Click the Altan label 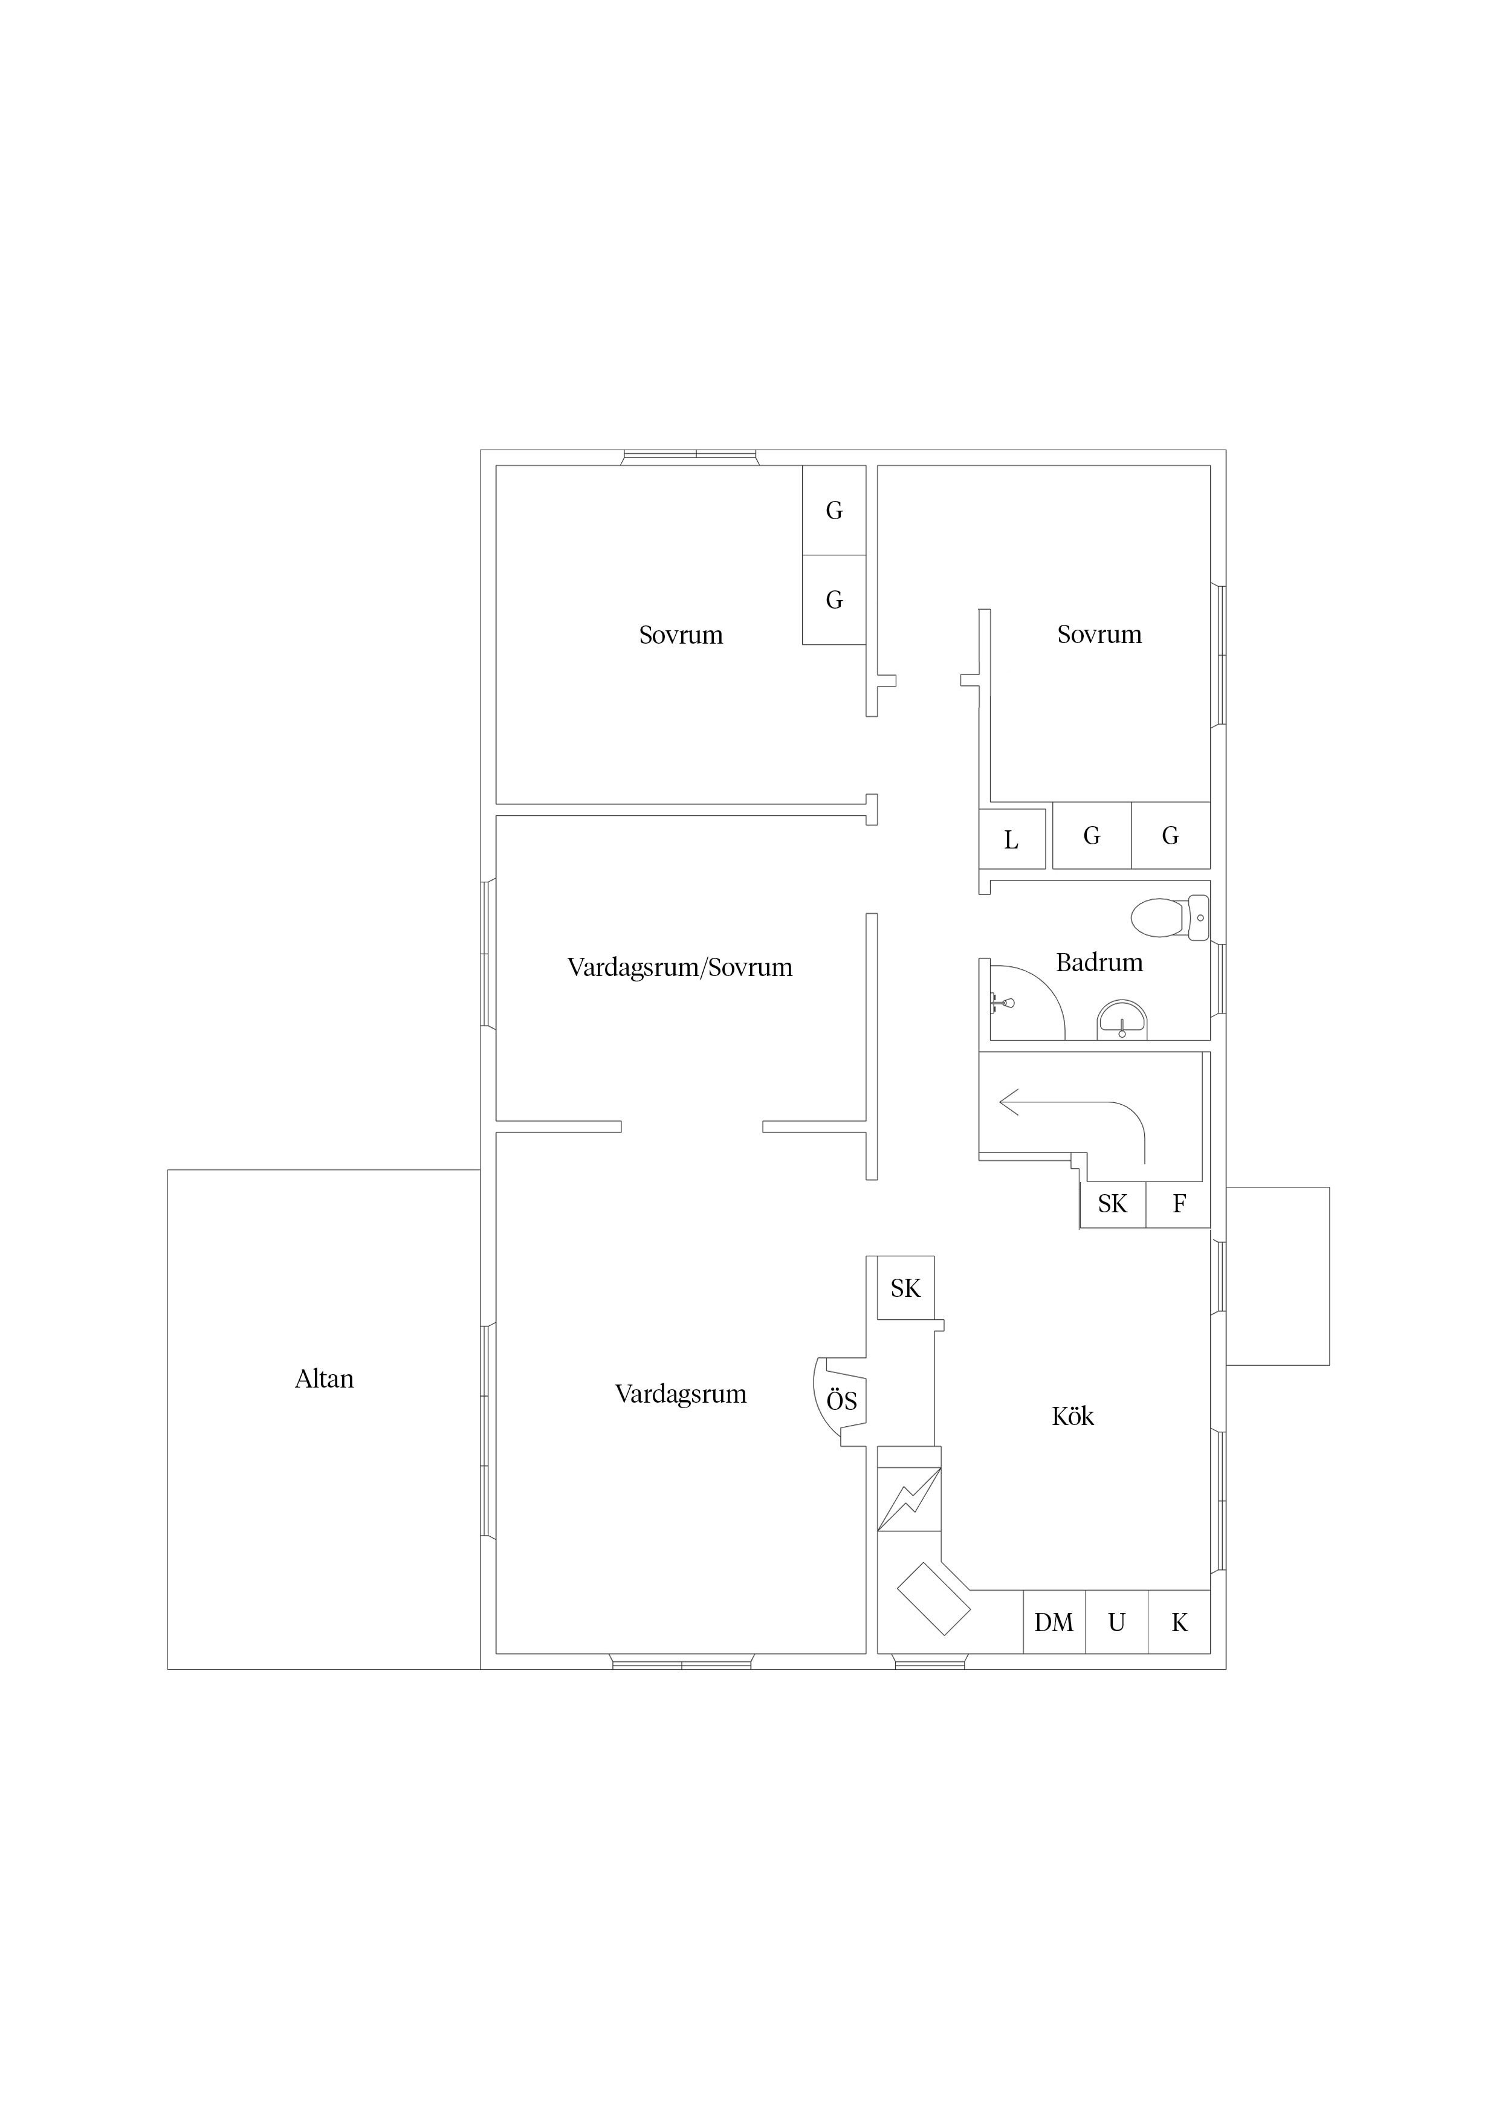(324, 1380)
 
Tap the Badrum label (1099, 963)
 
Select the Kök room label (1072, 1417)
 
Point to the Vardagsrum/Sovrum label (680, 968)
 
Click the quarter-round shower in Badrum (1027, 1003)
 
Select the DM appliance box (1054, 1621)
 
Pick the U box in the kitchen (1116, 1621)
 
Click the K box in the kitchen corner (1179, 1621)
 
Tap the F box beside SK (1179, 1204)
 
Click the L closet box (1012, 839)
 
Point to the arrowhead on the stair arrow (1009, 1102)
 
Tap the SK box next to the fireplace (906, 1288)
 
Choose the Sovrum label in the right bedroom (1099, 635)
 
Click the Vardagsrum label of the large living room (681, 1394)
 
